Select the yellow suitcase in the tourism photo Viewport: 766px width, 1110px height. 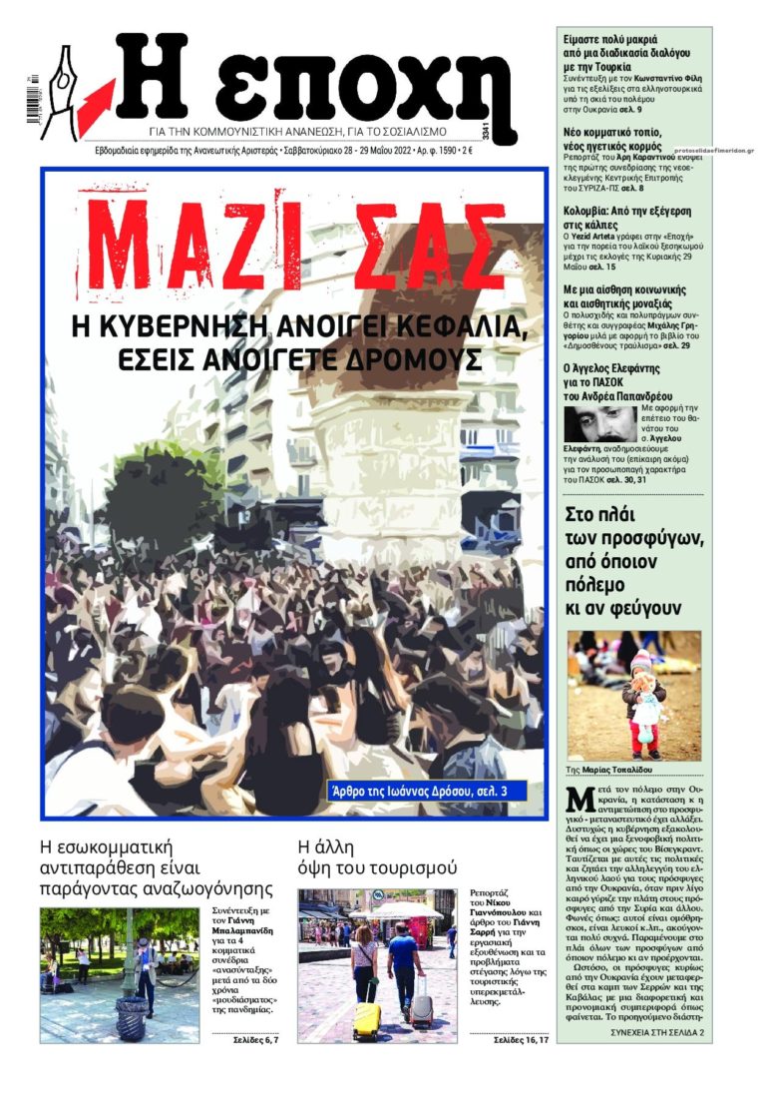coord(367,1019)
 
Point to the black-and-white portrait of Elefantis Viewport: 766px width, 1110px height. coord(600,424)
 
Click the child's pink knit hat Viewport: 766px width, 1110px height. coord(639,659)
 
